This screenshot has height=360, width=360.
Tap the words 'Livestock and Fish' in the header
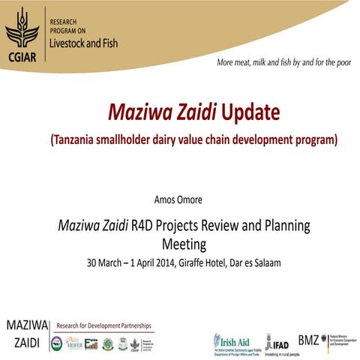(82, 43)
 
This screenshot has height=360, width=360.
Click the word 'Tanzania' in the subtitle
(82, 139)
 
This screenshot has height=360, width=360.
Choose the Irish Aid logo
(232, 342)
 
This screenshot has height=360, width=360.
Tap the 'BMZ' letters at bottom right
(308, 339)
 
